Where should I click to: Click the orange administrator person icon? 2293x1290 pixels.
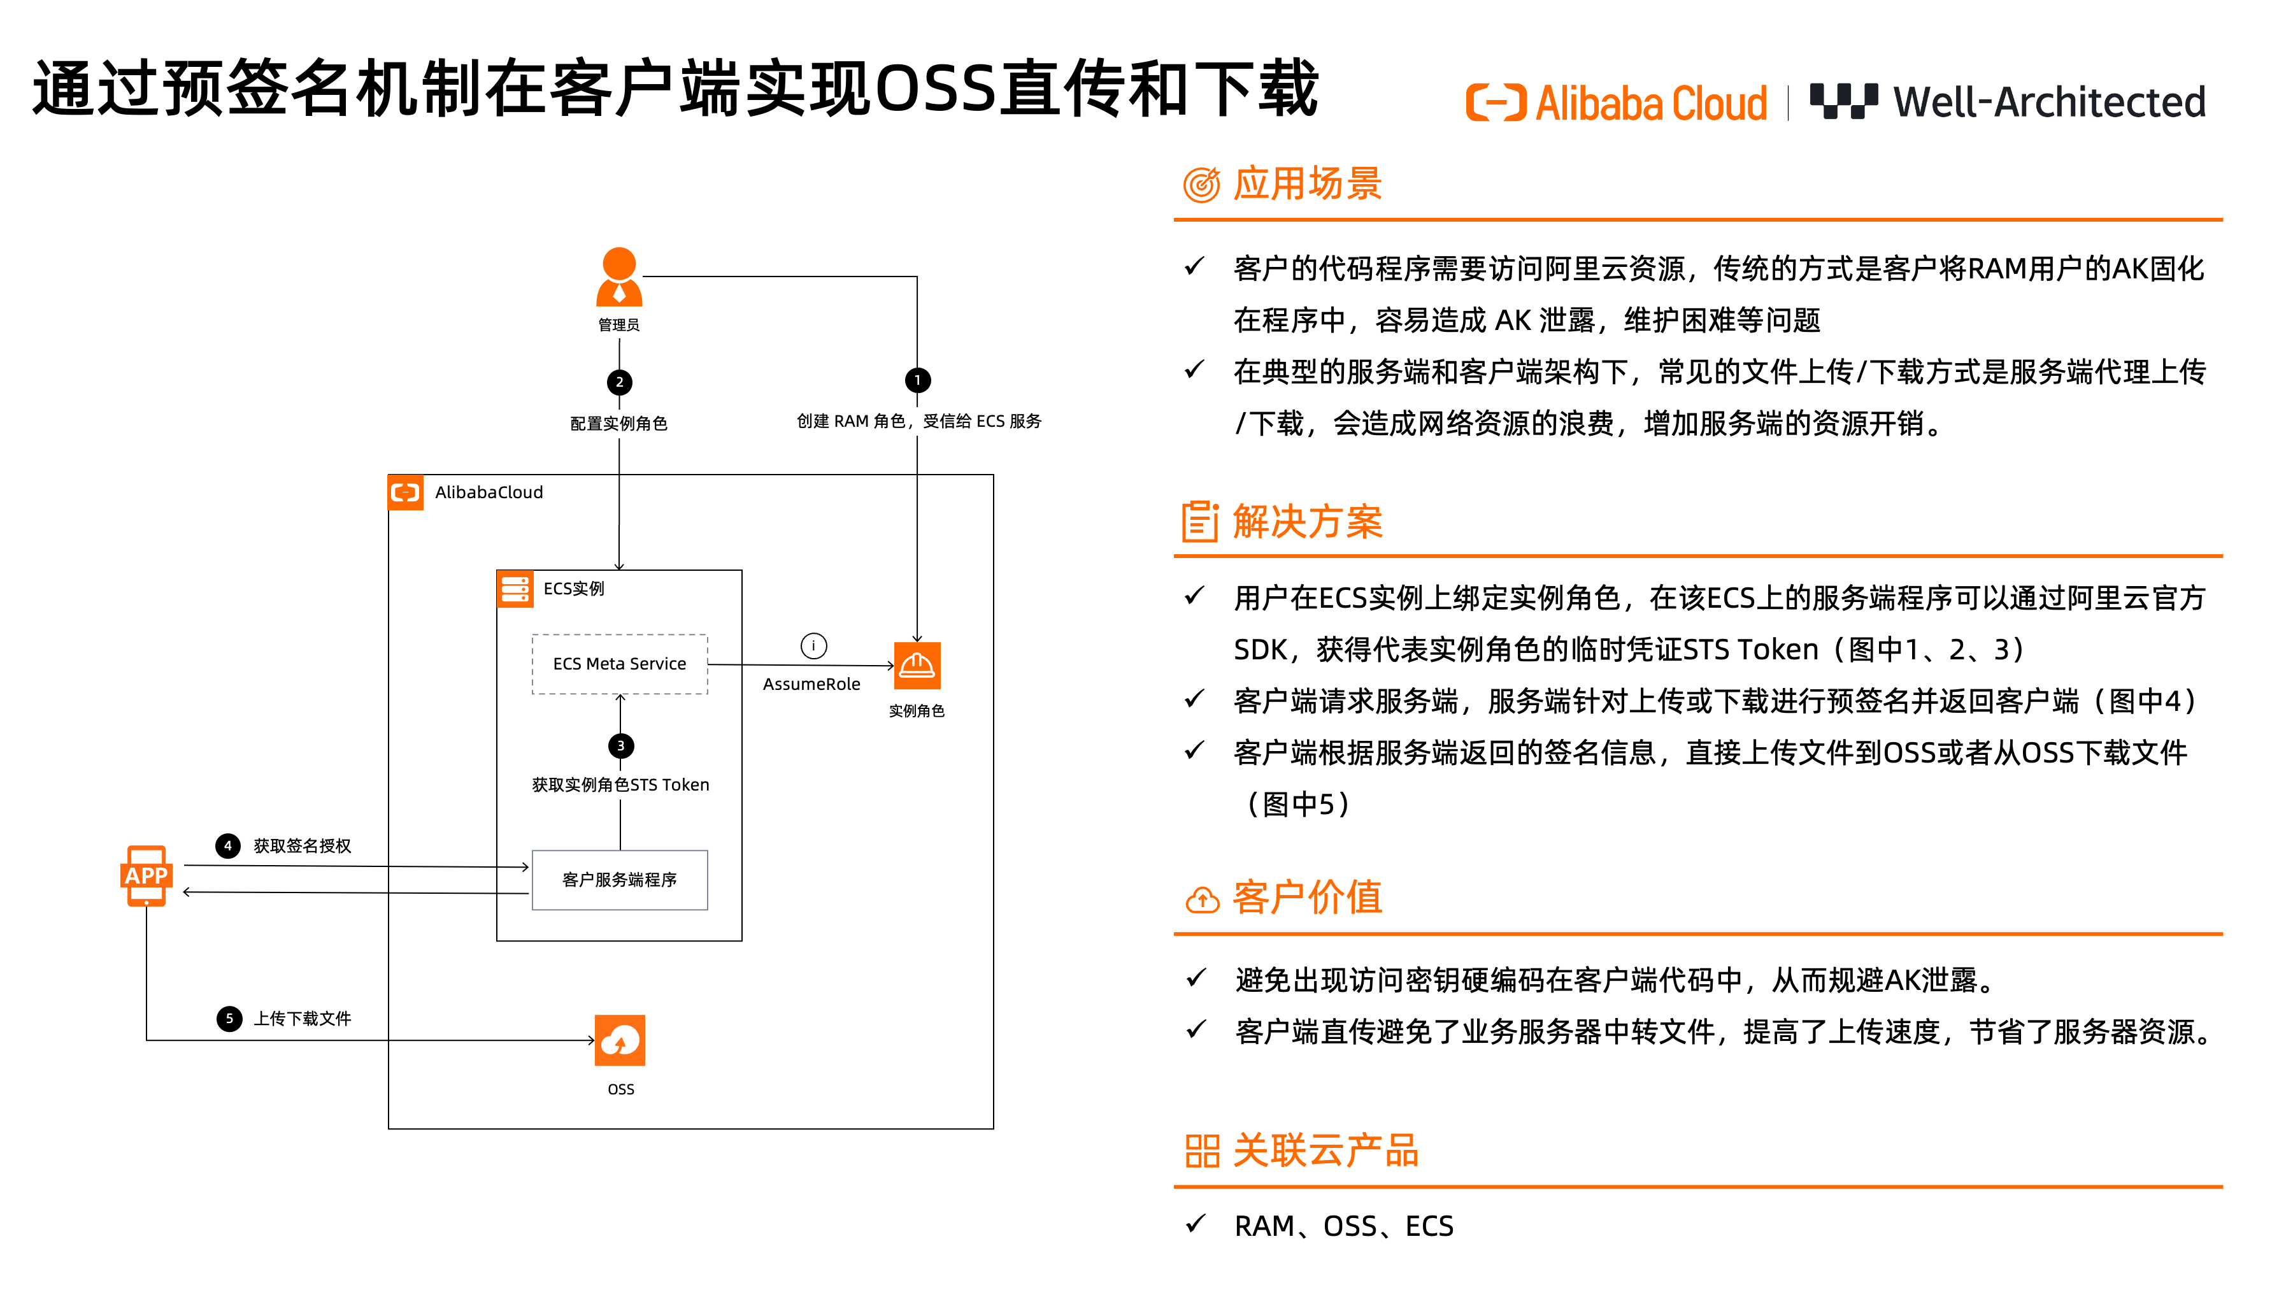(x=618, y=277)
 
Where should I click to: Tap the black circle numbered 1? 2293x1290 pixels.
(x=917, y=380)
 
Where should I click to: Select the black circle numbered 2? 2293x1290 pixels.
(x=620, y=382)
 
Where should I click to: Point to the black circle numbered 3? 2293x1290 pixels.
(x=620, y=746)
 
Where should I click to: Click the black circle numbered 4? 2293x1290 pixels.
(x=228, y=846)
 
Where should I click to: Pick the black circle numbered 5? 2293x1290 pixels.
(x=229, y=1019)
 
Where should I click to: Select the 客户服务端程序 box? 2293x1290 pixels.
(x=620, y=880)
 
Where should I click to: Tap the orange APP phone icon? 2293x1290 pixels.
(x=146, y=876)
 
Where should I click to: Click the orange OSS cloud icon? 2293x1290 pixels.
(x=620, y=1040)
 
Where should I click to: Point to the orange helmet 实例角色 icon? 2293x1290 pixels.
(x=917, y=666)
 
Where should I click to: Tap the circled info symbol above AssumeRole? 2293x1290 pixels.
(x=813, y=645)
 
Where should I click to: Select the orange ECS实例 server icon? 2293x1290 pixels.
(x=515, y=589)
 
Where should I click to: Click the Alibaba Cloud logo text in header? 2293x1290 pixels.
(x=1650, y=103)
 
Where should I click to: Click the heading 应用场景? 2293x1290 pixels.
(x=1307, y=184)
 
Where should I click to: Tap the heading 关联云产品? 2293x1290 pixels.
(x=1325, y=1151)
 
